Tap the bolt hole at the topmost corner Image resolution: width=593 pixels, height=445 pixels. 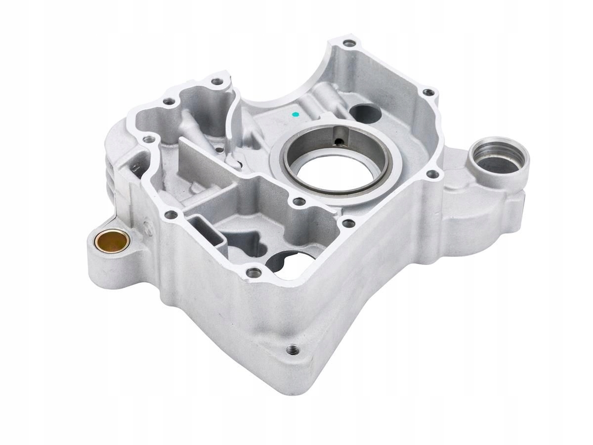[349, 44]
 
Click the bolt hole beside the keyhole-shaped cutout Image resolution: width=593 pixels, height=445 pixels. [254, 272]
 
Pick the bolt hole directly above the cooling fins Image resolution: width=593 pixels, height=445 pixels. [146, 139]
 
